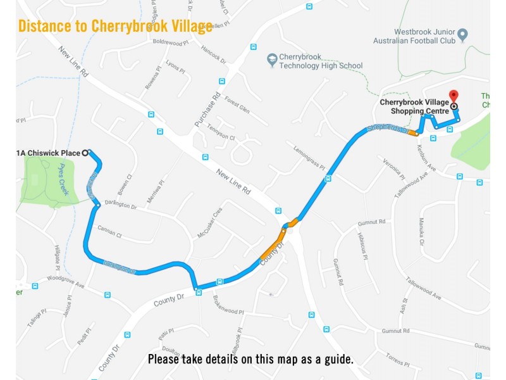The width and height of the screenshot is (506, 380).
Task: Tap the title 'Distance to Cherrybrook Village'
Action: point(115,27)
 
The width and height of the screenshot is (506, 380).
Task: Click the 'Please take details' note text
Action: point(250,360)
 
